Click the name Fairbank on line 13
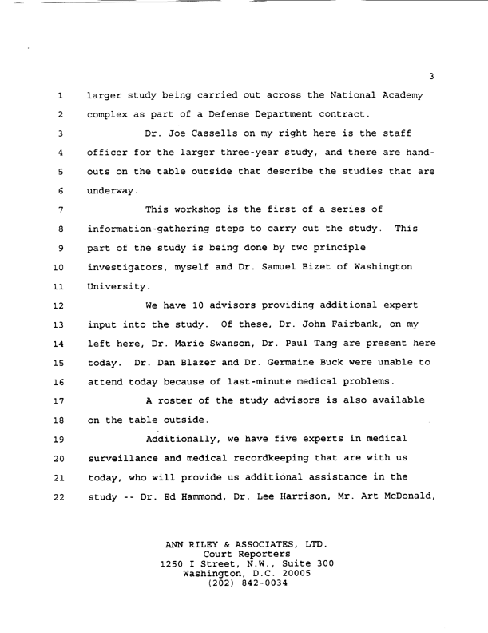point(376,322)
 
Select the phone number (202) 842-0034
point(244,582)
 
